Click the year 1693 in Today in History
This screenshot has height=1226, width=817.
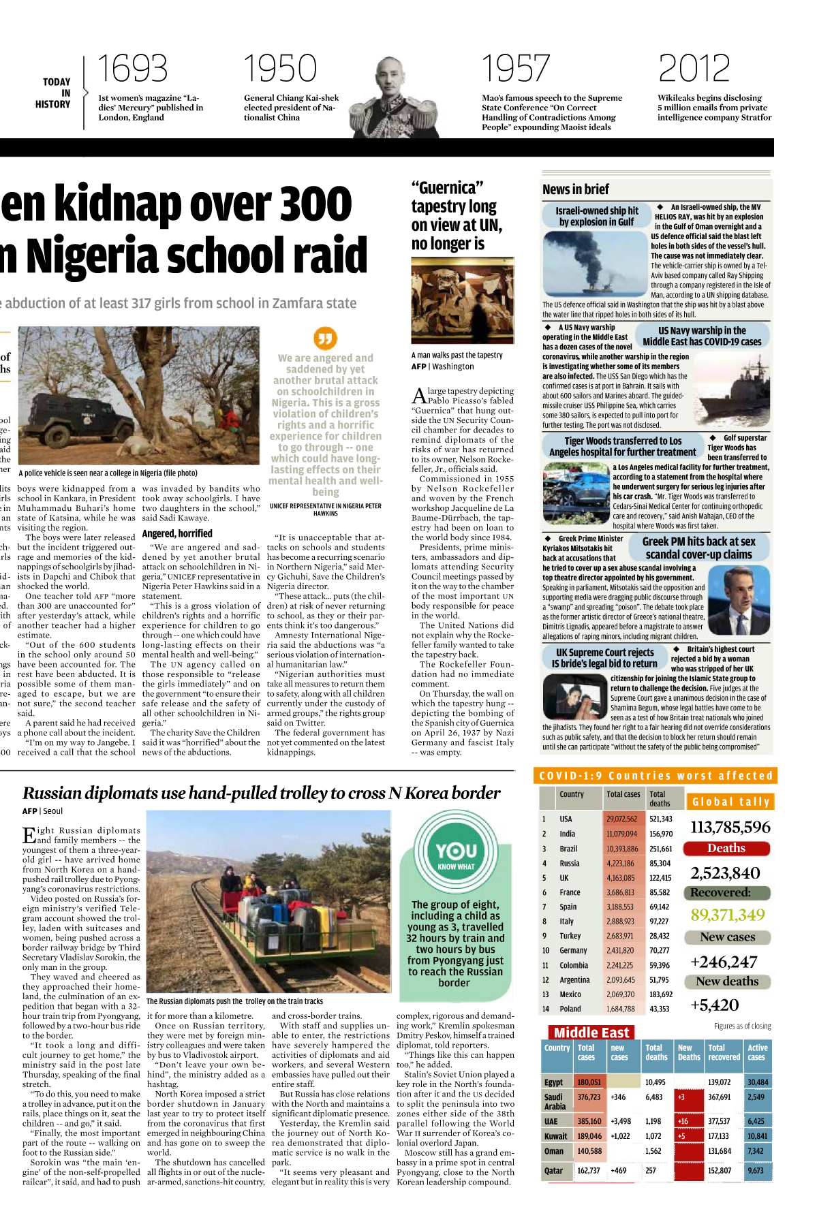click(132, 69)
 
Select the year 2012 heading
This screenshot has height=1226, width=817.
click(694, 69)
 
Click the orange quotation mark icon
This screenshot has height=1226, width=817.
click(325, 338)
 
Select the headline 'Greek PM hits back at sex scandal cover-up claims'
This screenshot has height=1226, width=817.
click(698, 548)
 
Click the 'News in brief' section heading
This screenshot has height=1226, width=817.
click(576, 189)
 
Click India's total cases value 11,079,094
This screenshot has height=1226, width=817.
click(621, 834)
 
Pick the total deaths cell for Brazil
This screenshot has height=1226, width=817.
click(660, 849)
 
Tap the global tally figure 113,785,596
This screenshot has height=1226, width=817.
click(730, 827)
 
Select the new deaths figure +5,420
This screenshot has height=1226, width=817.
click(714, 1005)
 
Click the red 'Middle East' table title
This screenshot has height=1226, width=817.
click(591, 1032)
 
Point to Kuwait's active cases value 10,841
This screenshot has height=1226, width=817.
click(756, 1136)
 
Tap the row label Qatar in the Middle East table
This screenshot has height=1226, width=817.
click(554, 1170)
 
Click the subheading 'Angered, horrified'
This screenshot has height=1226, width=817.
click(177, 533)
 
